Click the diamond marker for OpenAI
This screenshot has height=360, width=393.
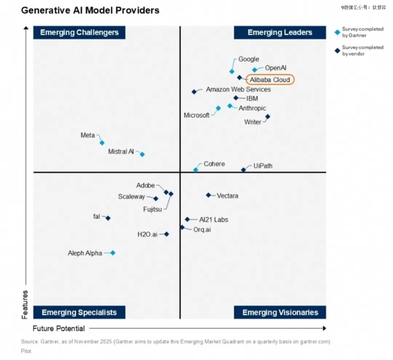click(x=255, y=70)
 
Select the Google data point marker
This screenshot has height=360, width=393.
click(x=232, y=71)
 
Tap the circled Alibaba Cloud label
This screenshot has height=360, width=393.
click(x=270, y=80)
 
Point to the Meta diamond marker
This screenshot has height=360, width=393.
click(x=102, y=143)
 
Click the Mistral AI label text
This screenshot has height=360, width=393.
click(x=121, y=151)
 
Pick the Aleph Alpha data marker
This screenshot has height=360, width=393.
click(x=113, y=253)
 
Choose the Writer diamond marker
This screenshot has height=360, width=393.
click(x=267, y=116)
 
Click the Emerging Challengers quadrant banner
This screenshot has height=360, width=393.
click(x=79, y=32)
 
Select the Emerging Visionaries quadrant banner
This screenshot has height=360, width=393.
click(x=280, y=312)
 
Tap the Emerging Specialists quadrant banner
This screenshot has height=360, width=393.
click(x=79, y=312)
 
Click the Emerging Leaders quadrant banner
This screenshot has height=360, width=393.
click(x=280, y=32)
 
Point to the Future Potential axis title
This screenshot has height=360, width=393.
click(x=59, y=328)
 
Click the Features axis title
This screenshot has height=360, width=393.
click(x=25, y=305)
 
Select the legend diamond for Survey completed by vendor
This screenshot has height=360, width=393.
click(x=337, y=51)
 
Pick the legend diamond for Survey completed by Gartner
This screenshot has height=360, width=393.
click(x=337, y=32)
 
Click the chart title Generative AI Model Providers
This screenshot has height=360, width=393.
click(x=90, y=10)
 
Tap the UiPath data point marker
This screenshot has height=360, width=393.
click(x=243, y=170)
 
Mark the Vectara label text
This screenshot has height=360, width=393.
click(x=227, y=196)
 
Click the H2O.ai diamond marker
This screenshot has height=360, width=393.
click(x=167, y=234)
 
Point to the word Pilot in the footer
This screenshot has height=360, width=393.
click(x=26, y=351)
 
